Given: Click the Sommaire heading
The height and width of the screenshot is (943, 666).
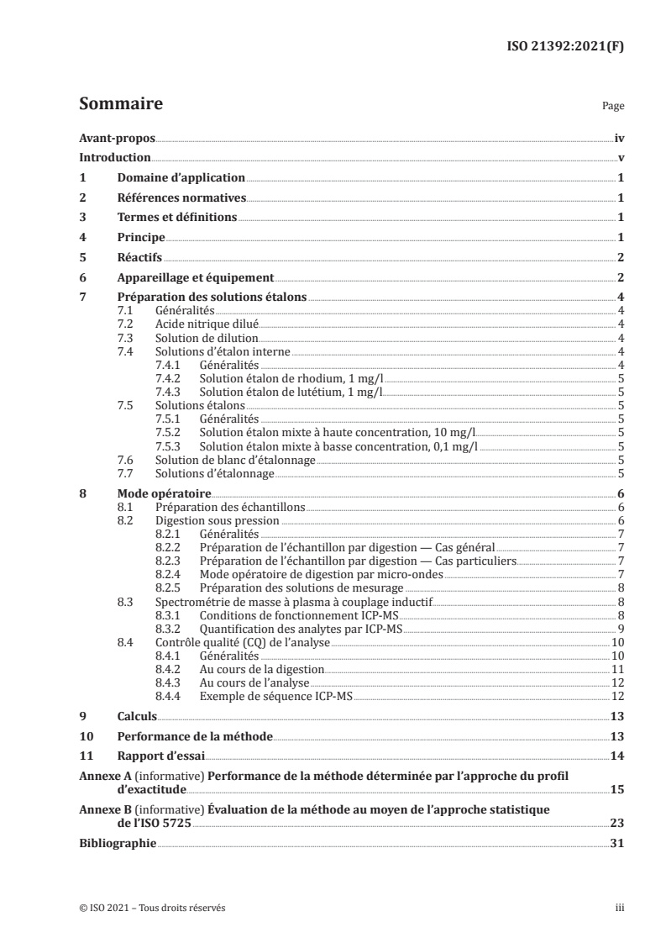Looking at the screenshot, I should coord(120,105).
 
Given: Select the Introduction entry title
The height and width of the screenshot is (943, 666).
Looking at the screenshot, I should coord(114,158).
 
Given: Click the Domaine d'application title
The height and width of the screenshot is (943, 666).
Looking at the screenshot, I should coord(181,178).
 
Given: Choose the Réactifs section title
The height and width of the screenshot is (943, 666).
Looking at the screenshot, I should coord(140,258).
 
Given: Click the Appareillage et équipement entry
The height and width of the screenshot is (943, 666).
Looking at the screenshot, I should coord(196,277).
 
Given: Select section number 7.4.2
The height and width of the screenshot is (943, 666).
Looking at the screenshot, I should coord(171,378).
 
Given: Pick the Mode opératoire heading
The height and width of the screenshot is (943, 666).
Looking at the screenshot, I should coord(164,494).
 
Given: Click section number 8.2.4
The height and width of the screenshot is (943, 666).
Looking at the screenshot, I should coord(171,575).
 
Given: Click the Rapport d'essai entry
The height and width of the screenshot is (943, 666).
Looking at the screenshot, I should coord(157,756).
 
